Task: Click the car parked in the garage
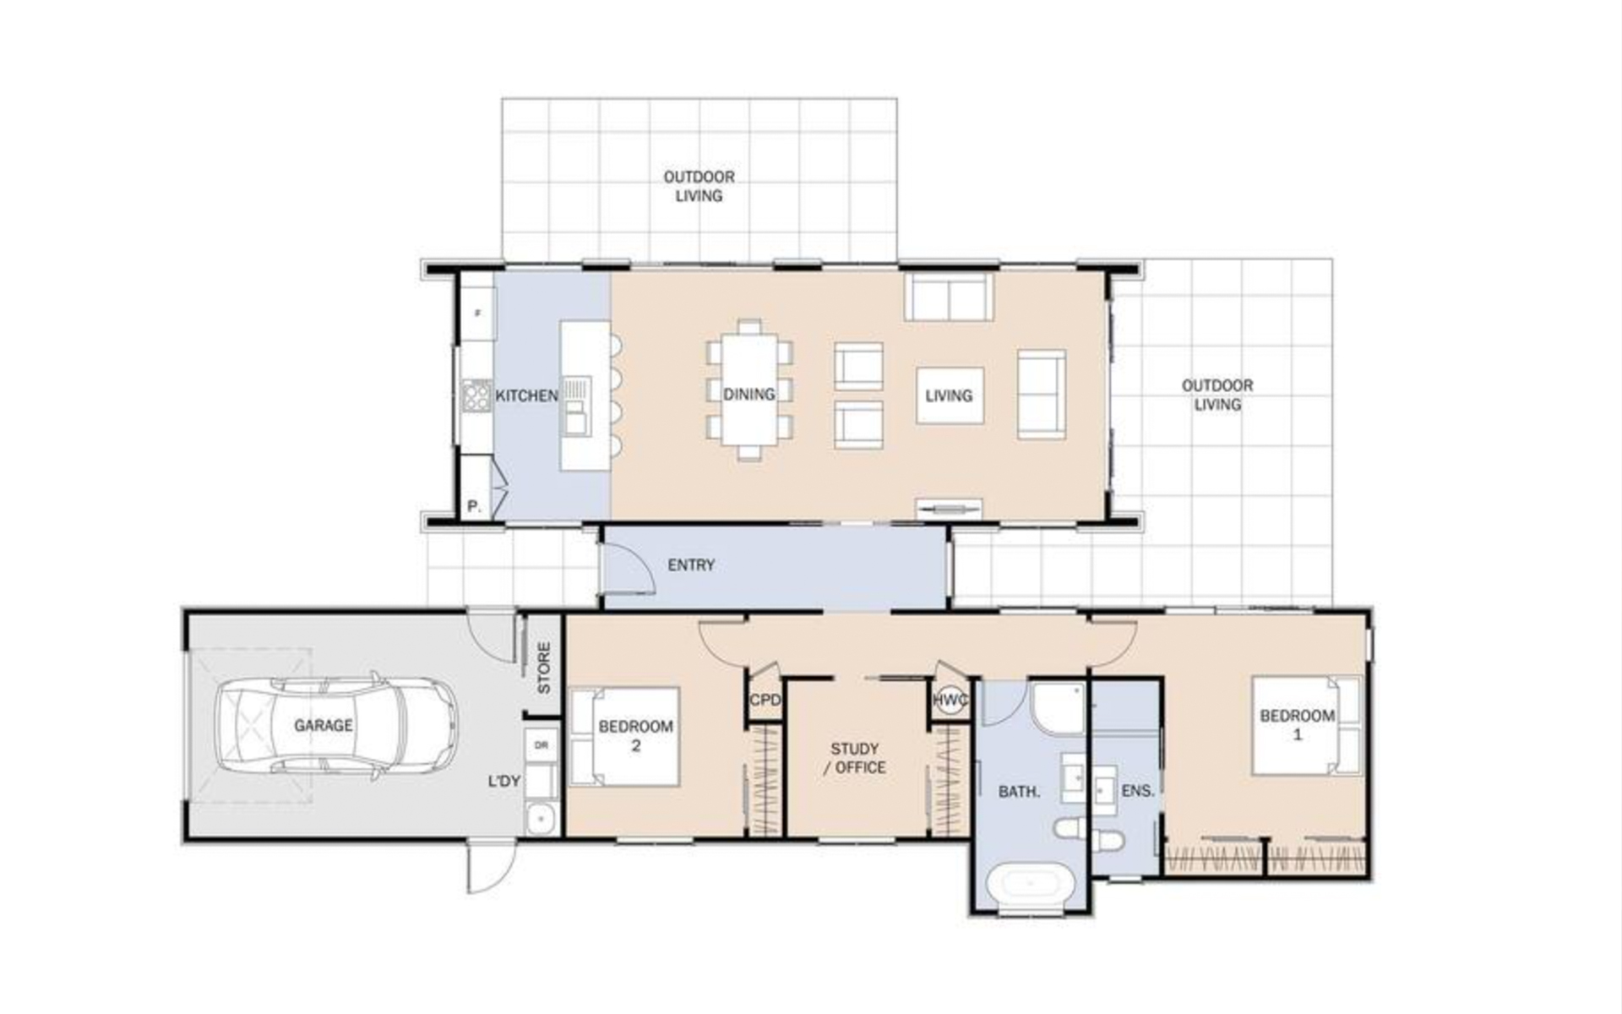pyautogui.click(x=336, y=724)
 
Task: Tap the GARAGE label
pyautogui.click(x=324, y=725)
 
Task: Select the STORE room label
pyautogui.click(x=543, y=668)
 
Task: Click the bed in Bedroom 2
pyautogui.click(x=626, y=736)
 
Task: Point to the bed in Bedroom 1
pyautogui.click(x=1306, y=725)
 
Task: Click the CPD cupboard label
pyautogui.click(x=765, y=701)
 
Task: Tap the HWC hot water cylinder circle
pyautogui.click(x=951, y=701)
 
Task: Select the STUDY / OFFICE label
pyautogui.click(x=855, y=758)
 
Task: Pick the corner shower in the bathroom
pyautogui.click(x=1057, y=707)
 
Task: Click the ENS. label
pyautogui.click(x=1138, y=791)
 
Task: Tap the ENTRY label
pyautogui.click(x=691, y=564)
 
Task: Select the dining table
pyautogui.click(x=749, y=390)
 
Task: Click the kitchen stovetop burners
pyautogui.click(x=476, y=395)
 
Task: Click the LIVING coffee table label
pyautogui.click(x=949, y=395)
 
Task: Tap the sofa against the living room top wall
pyautogui.click(x=949, y=297)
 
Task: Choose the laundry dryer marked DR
pyautogui.click(x=542, y=745)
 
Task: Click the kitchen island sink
pyautogui.click(x=578, y=405)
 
